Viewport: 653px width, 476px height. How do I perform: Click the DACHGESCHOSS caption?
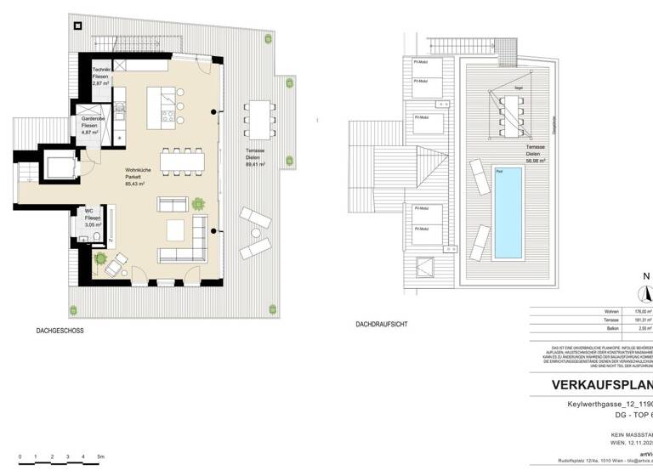click(x=60, y=329)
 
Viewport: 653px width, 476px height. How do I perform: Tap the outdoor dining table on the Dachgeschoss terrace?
click(x=258, y=118)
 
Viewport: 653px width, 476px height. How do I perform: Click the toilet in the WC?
click(x=99, y=235)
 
